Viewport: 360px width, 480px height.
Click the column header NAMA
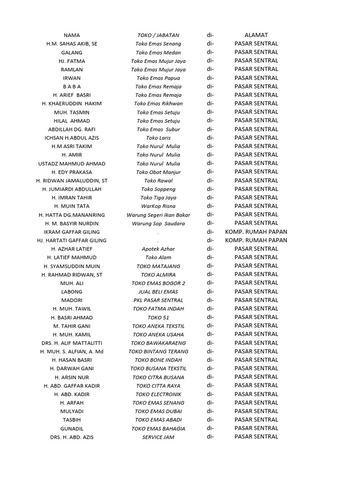tap(72, 35)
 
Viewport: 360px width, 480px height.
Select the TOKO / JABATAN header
tap(158, 35)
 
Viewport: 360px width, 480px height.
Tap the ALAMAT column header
tap(256, 35)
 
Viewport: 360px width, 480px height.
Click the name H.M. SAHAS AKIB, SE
tap(72, 44)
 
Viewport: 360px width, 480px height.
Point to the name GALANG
tap(72, 52)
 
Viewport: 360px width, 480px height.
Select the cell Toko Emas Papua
tap(158, 78)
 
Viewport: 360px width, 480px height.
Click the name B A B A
tap(72, 87)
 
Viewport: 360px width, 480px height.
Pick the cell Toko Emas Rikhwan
tap(158, 104)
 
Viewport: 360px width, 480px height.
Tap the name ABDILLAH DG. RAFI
tap(72, 129)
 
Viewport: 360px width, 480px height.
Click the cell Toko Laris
tap(158, 138)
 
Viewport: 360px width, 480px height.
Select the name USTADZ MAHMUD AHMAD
tap(72, 164)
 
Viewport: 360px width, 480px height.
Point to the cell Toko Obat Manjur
tap(158, 172)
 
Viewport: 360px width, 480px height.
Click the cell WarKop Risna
tap(158, 206)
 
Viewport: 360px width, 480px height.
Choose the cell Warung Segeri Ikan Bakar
tap(158, 215)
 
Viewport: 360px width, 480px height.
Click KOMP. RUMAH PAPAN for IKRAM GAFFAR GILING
tap(256, 232)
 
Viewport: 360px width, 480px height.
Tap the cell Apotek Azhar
tap(158, 249)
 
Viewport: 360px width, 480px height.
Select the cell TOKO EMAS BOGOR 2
tap(158, 283)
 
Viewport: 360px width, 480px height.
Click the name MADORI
tap(72, 300)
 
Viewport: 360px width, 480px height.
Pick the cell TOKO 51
tap(158, 317)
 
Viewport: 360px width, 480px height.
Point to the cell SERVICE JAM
tap(158, 437)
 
